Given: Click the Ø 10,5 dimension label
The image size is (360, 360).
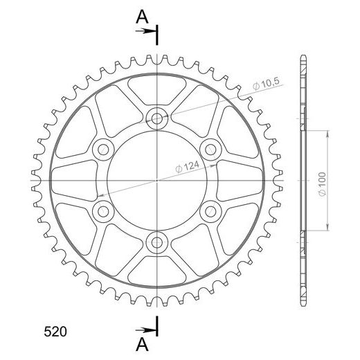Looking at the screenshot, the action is (266, 84).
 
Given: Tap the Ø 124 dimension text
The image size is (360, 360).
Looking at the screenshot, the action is (187, 167).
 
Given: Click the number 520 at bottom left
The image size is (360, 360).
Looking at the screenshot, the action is (55, 332).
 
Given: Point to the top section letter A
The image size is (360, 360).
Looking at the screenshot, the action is (142, 17).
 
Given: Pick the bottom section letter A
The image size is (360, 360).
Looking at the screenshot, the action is (142, 345).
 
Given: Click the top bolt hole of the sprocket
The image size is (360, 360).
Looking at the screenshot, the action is (157, 118).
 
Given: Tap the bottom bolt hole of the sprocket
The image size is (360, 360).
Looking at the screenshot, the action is (157, 242).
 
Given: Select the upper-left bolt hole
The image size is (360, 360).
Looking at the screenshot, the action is (103, 150).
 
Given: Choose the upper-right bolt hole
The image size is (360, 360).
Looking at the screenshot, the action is (210, 150).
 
